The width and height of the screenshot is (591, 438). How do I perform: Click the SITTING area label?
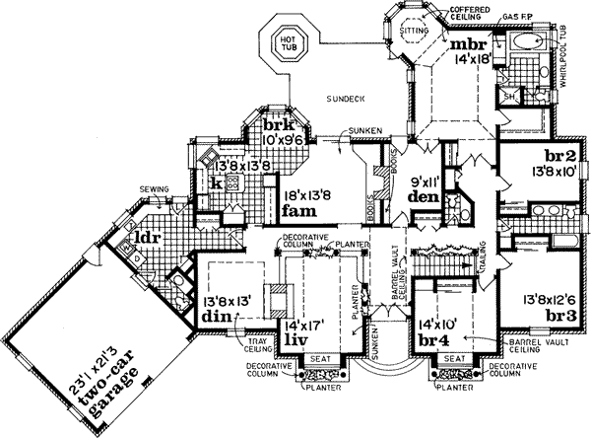pyautogui.click(x=416, y=34)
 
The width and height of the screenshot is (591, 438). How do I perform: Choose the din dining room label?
pyautogui.click(x=216, y=316)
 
